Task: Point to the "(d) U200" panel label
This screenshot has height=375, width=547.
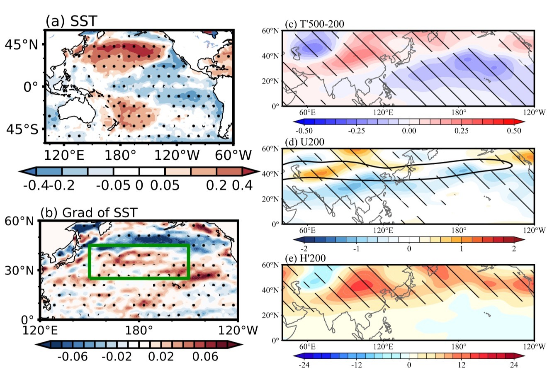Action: click(304, 142)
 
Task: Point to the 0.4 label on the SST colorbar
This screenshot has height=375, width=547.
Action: click(243, 185)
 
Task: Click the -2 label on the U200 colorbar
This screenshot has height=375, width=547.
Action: click(305, 248)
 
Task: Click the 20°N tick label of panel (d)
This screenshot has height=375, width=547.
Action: click(272, 199)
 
